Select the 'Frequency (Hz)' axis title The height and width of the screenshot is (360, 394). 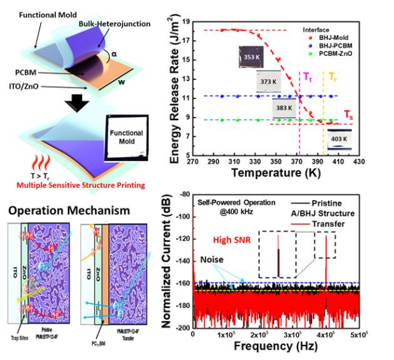276,349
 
